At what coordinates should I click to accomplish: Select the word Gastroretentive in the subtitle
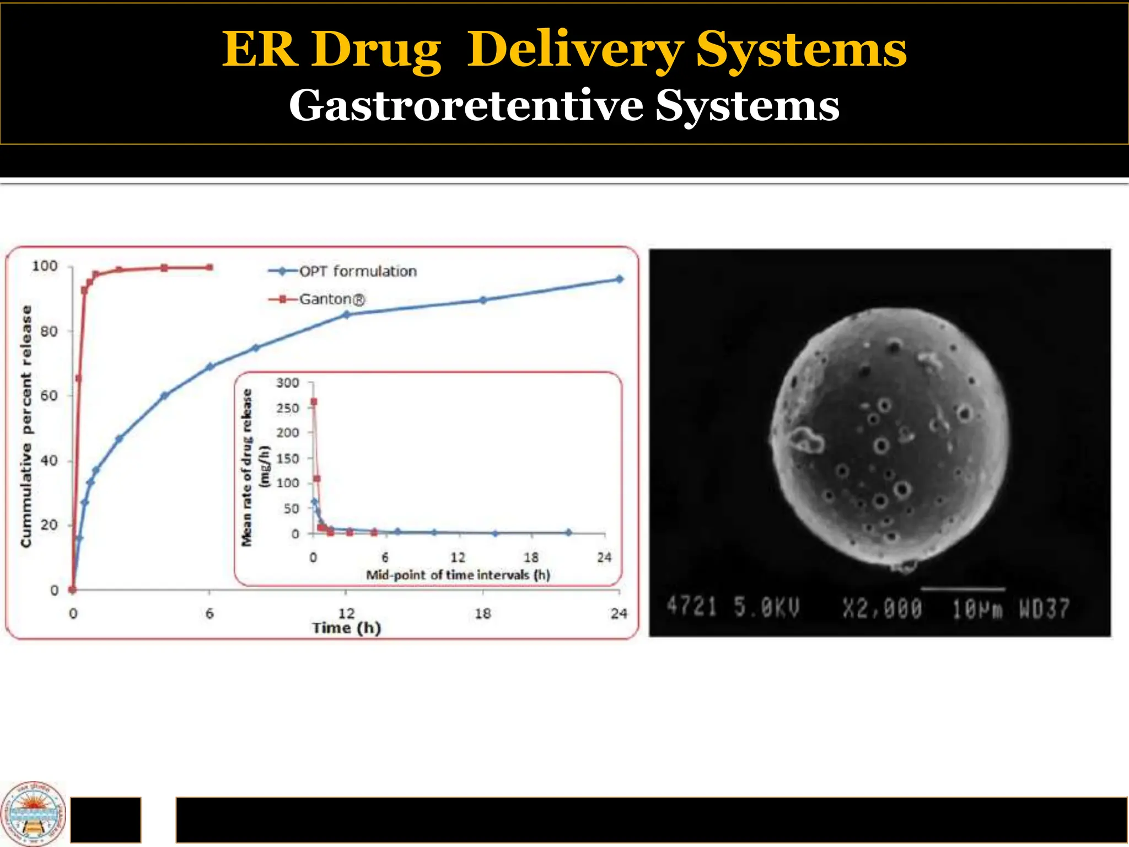click(466, 105)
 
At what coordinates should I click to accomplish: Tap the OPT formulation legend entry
click(357, 271)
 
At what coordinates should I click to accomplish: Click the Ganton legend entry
click(331, 299)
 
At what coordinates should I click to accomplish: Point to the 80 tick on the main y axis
click(49, 331)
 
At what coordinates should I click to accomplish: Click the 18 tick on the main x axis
click(482, 613)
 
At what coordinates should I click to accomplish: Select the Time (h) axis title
click(346, 628)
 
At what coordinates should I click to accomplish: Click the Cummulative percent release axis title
click(26, 426)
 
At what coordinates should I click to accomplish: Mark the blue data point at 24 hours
click(619, 279)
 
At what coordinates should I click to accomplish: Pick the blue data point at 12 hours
click(346, 315)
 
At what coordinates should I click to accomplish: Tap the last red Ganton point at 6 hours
click(209, 267)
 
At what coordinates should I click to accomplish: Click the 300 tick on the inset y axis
click(287, 383)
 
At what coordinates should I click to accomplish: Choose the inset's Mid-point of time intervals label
click(458, 575)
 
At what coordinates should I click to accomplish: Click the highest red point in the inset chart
click(314, 402)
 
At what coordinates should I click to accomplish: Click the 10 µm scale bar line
click(963, 589)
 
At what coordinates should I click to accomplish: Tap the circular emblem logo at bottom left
click(33, 813)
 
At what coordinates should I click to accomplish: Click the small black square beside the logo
click(106, 819)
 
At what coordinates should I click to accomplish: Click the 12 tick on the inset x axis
click(458, 557)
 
